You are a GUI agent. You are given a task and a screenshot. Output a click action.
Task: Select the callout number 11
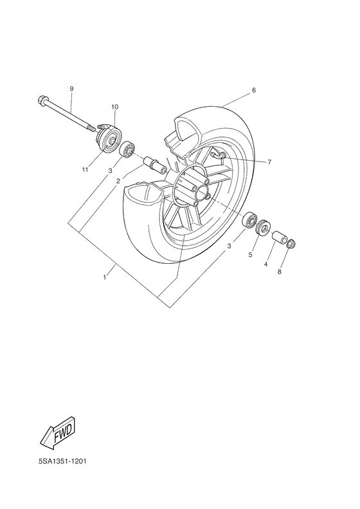[84, 169]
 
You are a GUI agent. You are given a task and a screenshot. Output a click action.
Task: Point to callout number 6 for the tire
[253, 91]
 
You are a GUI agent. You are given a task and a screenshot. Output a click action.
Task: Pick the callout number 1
[105, 277]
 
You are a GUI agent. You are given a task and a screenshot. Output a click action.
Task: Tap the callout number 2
[118, 181]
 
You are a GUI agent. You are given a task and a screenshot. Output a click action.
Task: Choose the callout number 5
[251, 255]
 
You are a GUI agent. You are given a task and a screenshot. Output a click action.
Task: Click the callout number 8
[280, 272]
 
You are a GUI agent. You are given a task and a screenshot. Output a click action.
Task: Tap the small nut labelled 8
[291, 244]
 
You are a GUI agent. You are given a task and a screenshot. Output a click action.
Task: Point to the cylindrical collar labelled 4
[278, 238]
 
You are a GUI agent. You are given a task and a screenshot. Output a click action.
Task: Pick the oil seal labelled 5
[263, 228]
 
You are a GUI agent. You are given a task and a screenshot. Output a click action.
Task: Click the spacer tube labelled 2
[154, 164]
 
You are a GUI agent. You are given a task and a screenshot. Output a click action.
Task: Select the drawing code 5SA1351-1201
[62, 461]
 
